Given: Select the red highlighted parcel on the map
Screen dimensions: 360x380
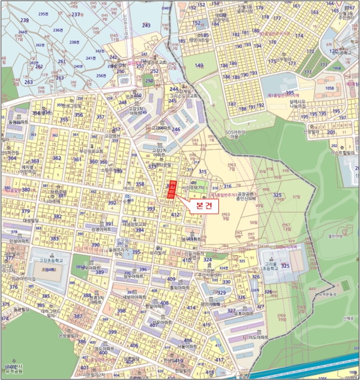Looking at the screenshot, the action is pos(172,188).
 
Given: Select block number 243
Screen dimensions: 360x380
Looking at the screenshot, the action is pos(146,26).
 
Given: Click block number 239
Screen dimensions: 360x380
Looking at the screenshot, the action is pos(24,20).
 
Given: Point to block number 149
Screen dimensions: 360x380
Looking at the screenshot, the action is pos(199,66).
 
